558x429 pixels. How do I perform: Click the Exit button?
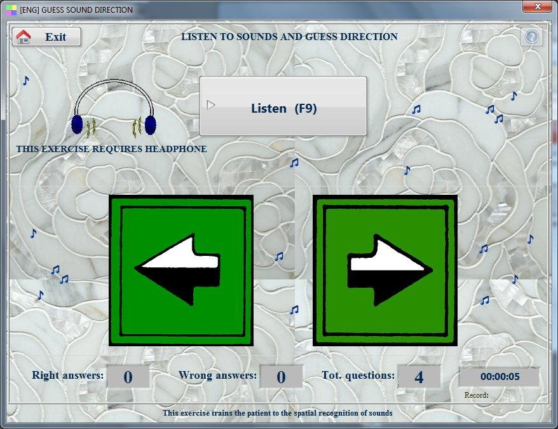click(46, 37)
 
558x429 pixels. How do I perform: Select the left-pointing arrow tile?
click(181, 271)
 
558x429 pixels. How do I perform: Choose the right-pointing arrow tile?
click(385, 271)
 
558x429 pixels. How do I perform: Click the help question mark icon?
click(532, 36)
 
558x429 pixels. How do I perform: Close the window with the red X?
click(538, 6)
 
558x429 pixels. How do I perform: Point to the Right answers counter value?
click(128, 377)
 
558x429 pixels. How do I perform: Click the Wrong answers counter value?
click(281, 377)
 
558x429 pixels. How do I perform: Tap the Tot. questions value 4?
click(419, 377)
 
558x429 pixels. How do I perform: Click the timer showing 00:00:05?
click(500, 377)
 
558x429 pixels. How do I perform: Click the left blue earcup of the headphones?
click(77, 124)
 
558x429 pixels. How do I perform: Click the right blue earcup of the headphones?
click(151, 125)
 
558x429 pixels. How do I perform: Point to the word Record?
click(476, 395)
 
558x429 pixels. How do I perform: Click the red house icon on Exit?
click(24, 36)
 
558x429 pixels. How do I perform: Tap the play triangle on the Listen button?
click(210, 105)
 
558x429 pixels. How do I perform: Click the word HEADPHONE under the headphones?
click(175, 149)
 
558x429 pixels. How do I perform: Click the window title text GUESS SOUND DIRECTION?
click(87, 10)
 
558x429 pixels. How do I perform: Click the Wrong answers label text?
click(217, 375)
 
